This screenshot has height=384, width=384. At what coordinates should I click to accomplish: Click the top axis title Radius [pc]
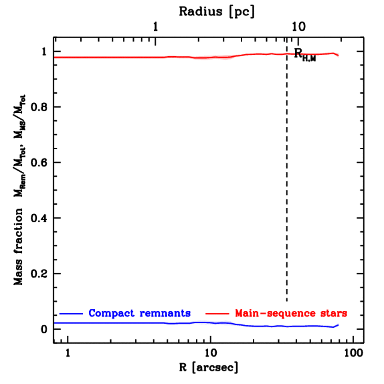coord(216,12)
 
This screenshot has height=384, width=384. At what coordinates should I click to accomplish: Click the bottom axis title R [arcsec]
coord(208,367)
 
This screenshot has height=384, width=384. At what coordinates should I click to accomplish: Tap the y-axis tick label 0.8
coord(38,107)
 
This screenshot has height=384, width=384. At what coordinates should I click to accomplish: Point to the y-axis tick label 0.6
coord(38,163)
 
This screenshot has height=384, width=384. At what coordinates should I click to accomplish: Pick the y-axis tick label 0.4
coord(38,218)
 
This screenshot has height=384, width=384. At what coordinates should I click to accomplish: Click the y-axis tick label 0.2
coord(38,274)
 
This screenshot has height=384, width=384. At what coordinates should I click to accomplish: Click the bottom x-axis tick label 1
coord(68,353)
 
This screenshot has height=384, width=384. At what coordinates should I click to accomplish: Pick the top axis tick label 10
coord(299,27)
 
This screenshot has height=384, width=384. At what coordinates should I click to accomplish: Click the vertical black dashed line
coord(287,180)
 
